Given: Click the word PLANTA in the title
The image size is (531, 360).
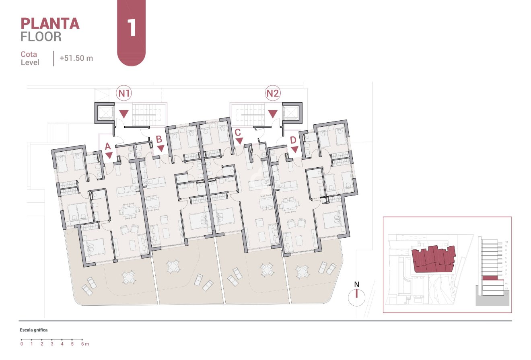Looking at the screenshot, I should [x=50, y=24].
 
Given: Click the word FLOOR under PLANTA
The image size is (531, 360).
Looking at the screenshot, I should [x=41, y=37].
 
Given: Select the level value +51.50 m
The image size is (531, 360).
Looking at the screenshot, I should [x=76, y=58].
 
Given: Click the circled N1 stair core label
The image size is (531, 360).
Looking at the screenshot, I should [x=124, y=94].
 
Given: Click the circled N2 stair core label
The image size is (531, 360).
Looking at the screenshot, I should [x=273, y=94].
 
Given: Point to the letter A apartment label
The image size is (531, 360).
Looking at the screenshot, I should [x=108, y=147].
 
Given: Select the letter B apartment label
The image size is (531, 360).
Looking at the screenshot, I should [x=159, y=140].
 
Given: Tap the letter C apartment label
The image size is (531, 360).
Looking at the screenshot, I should [x=238, y=132].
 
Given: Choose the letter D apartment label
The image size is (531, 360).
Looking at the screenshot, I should [x=293, y=140].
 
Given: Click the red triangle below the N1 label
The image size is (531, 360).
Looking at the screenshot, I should [x=124, y=114].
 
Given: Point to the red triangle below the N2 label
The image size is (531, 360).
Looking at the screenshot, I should [x=273, y=114].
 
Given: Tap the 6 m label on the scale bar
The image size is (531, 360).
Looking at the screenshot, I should [x=84, y=344].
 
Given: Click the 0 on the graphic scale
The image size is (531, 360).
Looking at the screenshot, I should [x=22, y=344].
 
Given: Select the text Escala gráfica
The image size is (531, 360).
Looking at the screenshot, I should [x=34, y=330].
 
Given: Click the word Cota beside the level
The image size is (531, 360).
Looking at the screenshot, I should [x=29, y=54].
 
